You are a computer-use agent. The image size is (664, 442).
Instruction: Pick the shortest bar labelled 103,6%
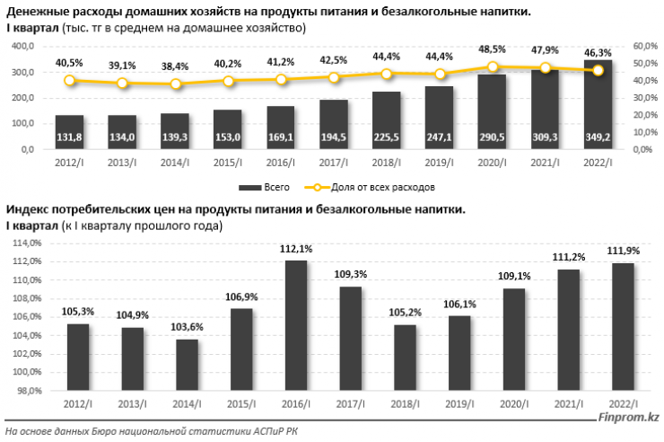[x=187, y=365]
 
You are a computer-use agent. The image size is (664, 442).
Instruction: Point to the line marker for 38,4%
[x=175, y=84]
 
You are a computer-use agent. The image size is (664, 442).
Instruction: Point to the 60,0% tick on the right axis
[x=645, y=46]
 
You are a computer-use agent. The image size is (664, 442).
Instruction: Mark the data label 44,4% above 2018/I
[x=386, y=56]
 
